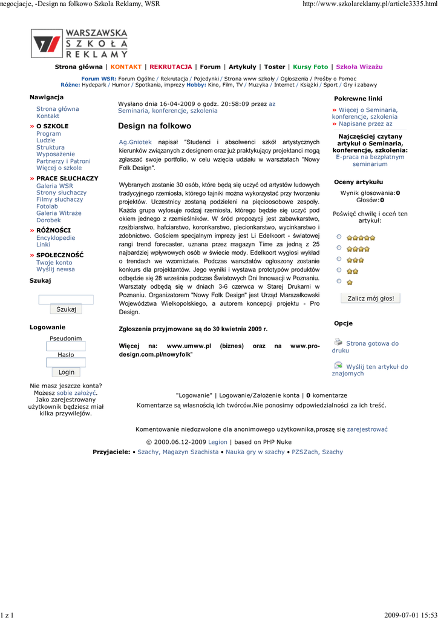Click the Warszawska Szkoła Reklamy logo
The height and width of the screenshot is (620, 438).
[79, 43]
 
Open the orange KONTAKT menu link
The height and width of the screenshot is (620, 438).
[126, 67]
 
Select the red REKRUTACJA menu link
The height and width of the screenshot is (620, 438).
[171, 67]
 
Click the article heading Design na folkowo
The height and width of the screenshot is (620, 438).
[154, 126]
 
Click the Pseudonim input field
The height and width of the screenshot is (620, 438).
[66, 347]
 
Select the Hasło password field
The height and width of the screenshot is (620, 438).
[66, 363]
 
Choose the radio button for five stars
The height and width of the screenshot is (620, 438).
[339, 237]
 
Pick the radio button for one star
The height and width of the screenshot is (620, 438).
[339, 282]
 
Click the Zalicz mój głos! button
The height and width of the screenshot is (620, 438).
[370, 298]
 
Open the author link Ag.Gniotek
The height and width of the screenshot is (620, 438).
[136, 142]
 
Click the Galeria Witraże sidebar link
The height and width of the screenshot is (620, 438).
[59, 213]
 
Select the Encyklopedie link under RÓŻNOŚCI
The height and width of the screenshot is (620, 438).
[56, 238]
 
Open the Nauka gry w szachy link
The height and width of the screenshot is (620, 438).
[255, 452]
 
